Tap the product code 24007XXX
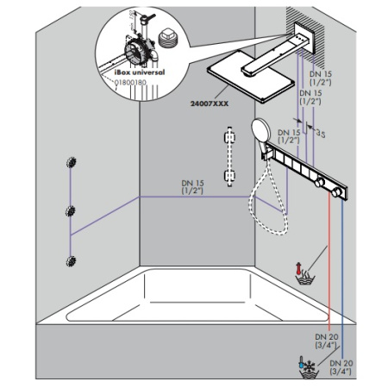(x=210, y=103)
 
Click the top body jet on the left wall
(x=71, y=165)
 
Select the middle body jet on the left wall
(x=71, y=210)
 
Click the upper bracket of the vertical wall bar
(x=228, y=137)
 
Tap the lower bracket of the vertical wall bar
(x=228, y=177)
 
